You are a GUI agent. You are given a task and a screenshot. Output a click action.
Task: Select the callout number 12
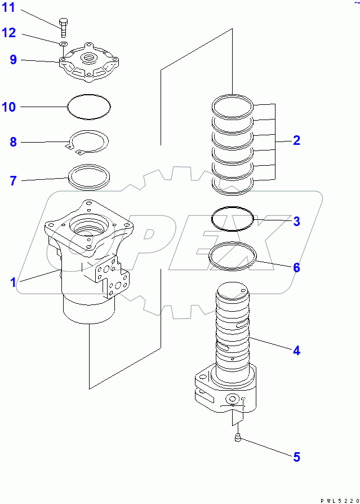(x=10, y=33)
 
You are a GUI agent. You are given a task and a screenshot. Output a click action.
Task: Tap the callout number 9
(x=13, y=59)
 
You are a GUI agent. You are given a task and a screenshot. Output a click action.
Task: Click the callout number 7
(x=13, y=181)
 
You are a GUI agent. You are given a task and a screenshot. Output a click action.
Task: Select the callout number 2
(x=296, y=140)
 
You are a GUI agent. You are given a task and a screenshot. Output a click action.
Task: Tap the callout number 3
(x=296, y=221)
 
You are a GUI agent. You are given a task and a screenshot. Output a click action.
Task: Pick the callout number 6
(x=296, y=267)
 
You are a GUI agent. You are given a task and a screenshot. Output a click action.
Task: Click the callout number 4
(x=296, y=350)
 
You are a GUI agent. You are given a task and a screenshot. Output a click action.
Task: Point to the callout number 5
(x=296, y=457)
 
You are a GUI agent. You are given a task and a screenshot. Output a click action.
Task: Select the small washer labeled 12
(x=63, y=43)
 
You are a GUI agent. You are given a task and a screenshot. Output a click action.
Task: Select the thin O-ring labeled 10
(x=89, y=105)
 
